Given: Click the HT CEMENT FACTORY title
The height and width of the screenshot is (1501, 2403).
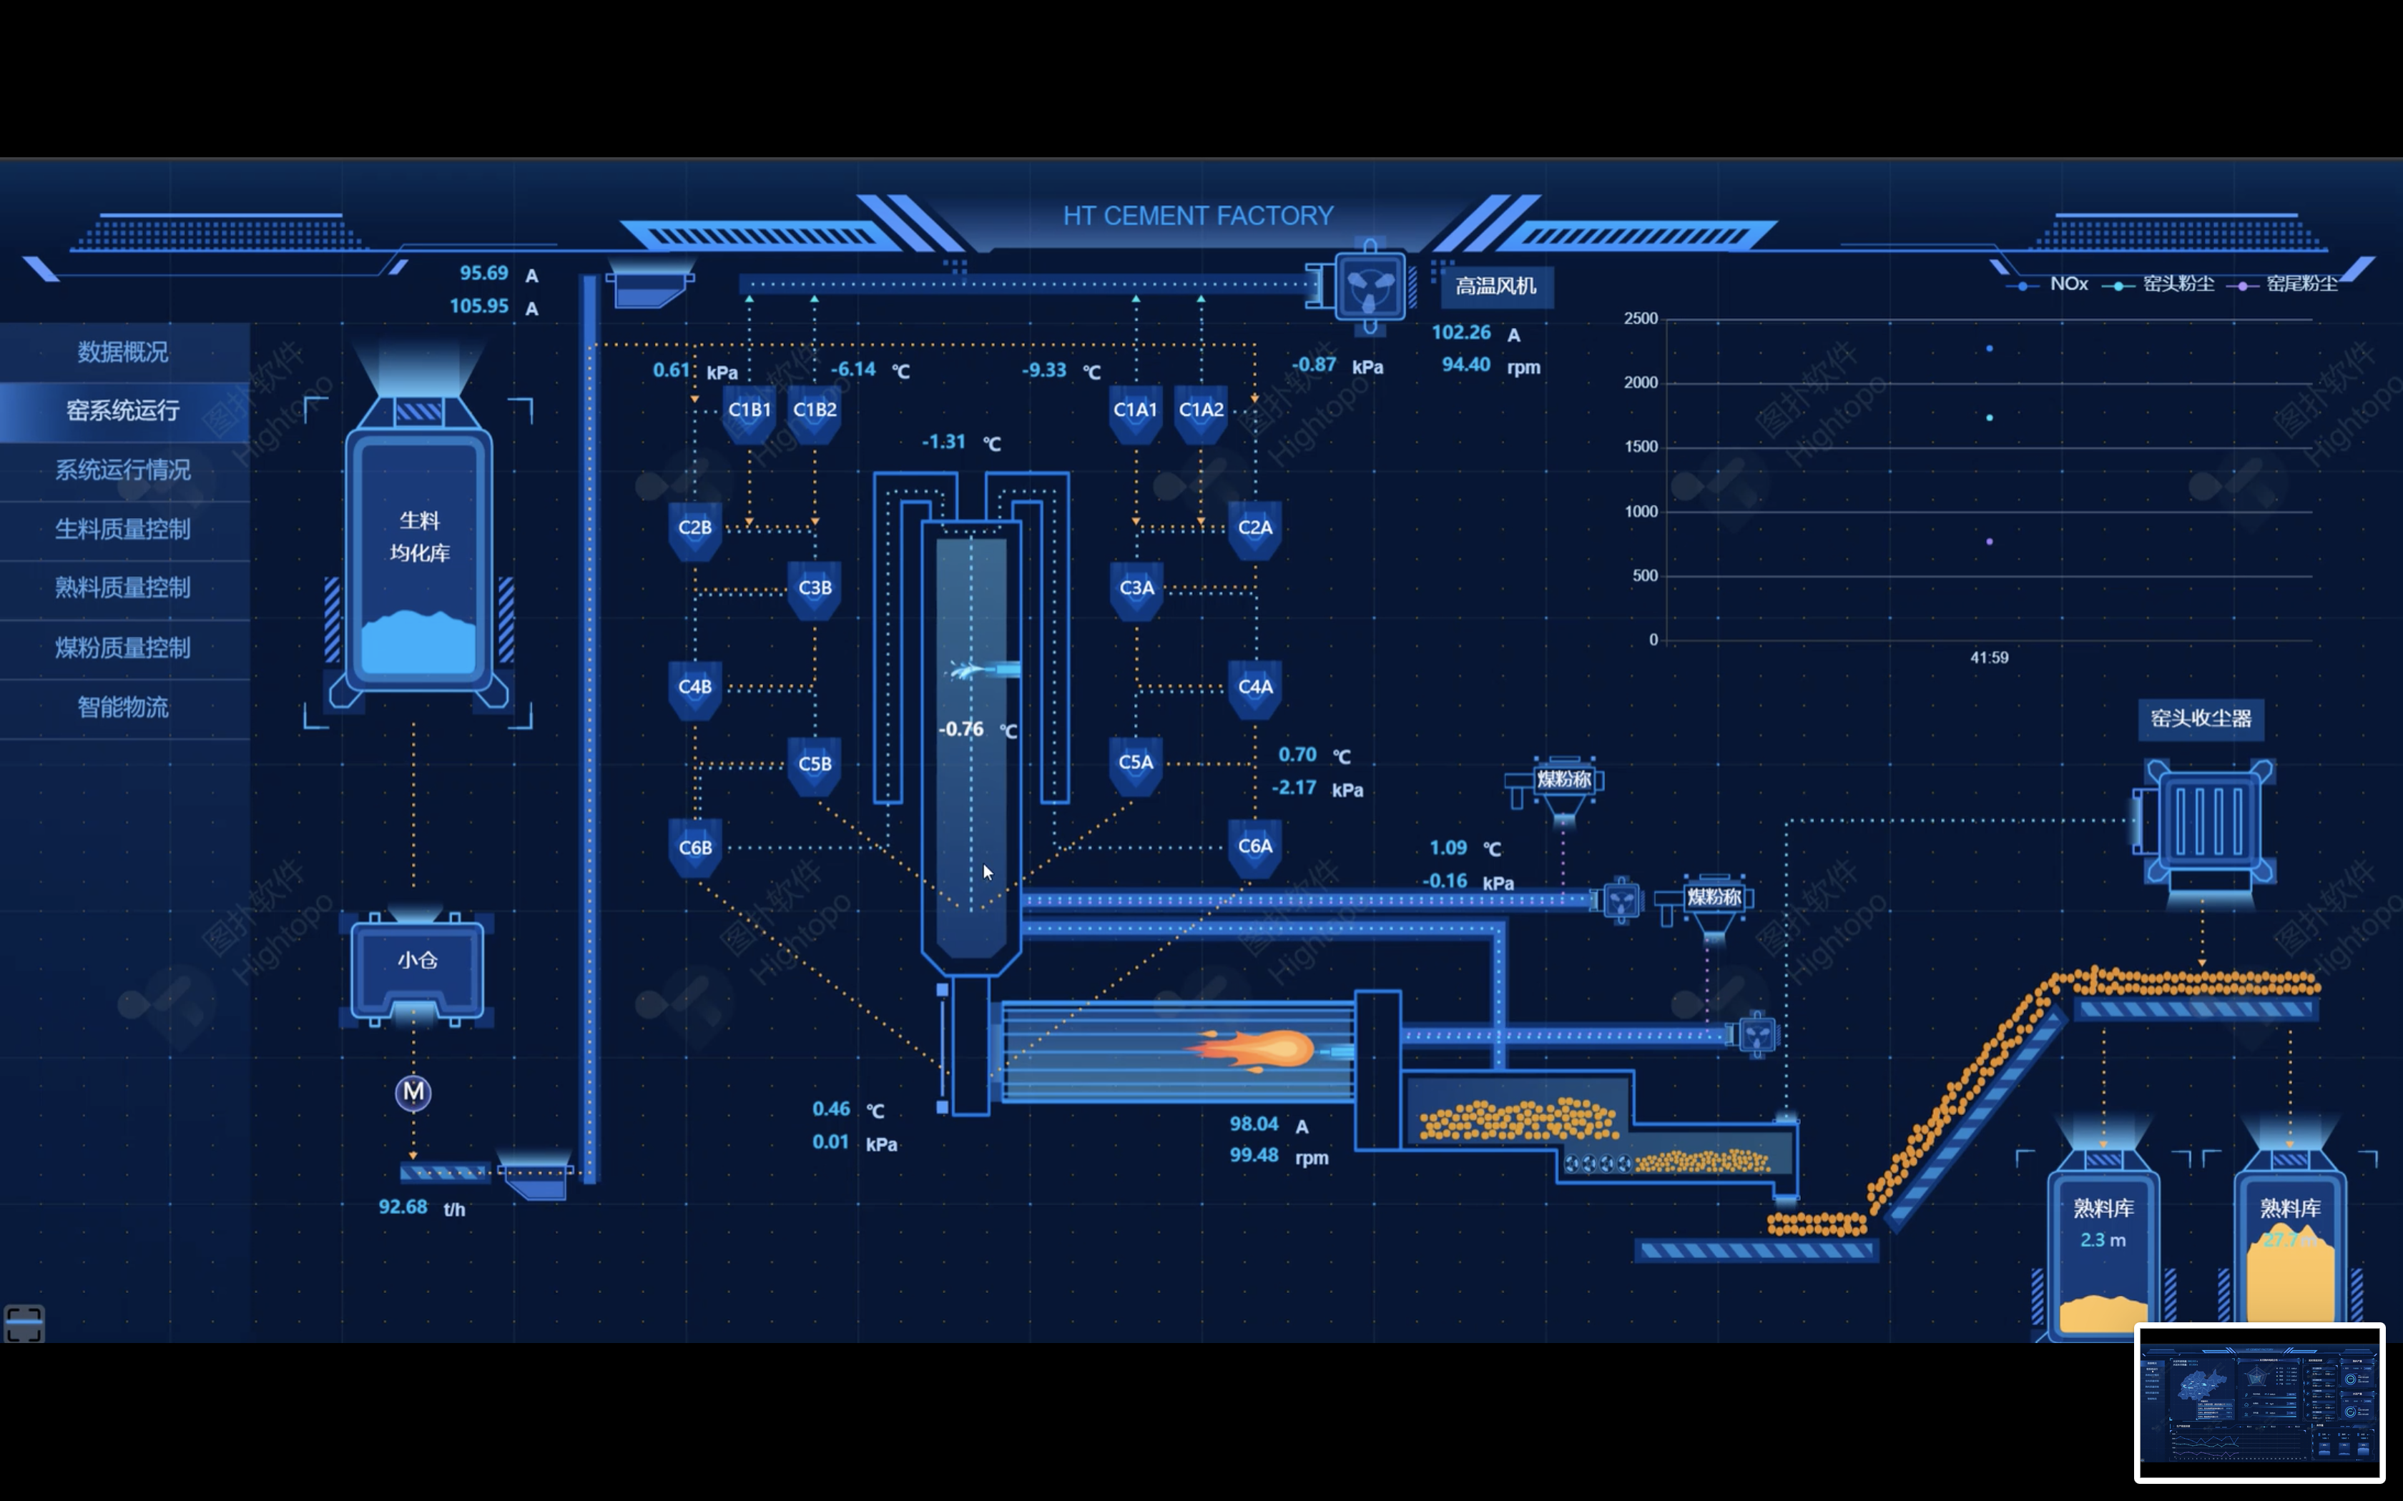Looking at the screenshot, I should click(x=1197, y=215).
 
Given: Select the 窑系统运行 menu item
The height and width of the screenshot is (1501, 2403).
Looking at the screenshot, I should click(x=123, y=410).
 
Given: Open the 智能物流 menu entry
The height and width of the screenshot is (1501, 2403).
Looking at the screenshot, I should click(x=123, y=707).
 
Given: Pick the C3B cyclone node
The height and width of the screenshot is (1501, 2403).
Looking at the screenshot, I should click(x=815, y=588).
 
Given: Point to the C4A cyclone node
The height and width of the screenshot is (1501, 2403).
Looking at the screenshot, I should click(x=1255, y=687).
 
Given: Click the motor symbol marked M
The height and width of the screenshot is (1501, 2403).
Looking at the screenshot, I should click(x=413, y=1093).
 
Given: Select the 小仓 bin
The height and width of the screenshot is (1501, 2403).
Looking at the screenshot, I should click(x=417, y=961).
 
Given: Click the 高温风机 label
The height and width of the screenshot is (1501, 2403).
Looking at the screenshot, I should click(x=1495, y=286).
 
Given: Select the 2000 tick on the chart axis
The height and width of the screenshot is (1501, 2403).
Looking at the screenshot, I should click(x=1641, y=382).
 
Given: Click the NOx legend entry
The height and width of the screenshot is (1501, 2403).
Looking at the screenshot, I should click(x=2068, y=284).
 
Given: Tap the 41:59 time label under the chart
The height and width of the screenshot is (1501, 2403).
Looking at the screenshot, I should click(x=1989, y=657).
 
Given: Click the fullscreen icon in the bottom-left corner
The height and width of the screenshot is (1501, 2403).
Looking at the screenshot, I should click(x=24, y=1323).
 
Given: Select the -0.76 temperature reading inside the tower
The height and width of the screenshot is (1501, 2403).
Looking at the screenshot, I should click(x=961, y=728).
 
